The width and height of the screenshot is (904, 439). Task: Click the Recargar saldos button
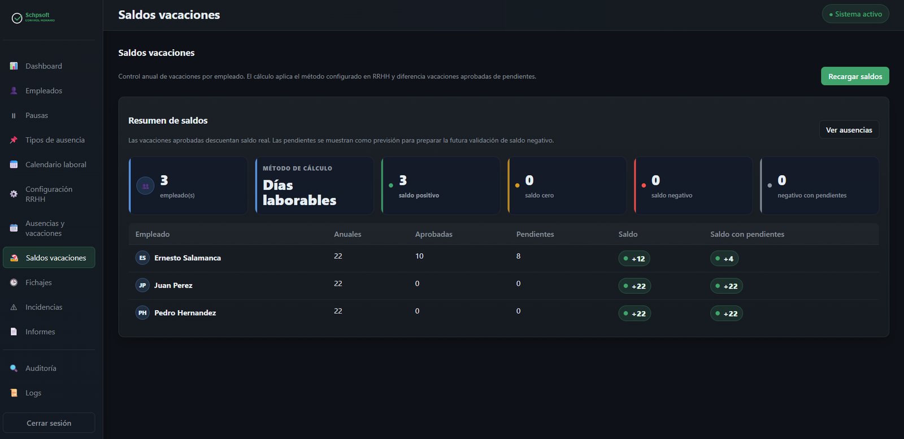click(x=855, y=76)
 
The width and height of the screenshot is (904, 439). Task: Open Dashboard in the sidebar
click(x=44, y=66)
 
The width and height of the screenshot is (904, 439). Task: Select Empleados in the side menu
click(x=44, y=90)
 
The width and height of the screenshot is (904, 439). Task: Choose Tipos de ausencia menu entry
click(x=55, y=140)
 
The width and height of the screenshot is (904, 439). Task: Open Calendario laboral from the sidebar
click(x=56, y=164)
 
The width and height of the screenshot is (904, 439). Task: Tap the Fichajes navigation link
click(x=38, y=282)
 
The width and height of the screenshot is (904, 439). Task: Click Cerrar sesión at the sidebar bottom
click(x=49, y=423)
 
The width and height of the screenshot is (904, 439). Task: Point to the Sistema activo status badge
click(x=855, y=14)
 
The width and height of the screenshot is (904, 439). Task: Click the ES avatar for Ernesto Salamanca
click(x=142, y=258)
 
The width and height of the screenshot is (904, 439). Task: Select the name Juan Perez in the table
click(x=173, y=285)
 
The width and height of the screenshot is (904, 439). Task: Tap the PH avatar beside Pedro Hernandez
click(x=142, y=312)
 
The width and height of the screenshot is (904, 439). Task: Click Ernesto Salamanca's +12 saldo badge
click(x=634, y=259)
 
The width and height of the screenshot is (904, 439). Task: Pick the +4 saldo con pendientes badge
click(x=724, y=259)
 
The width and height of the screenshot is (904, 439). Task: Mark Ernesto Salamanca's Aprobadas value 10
click(x=419, y=256)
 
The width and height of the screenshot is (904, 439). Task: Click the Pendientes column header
click(x=535, y=234)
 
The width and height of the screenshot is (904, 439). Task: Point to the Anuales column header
click(x=347, y=234)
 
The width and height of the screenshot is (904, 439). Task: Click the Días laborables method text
click(x=299, y=193)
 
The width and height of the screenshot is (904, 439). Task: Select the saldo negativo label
click(x=672, y=195)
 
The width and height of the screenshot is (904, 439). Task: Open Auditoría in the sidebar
click(x=41, y=368)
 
